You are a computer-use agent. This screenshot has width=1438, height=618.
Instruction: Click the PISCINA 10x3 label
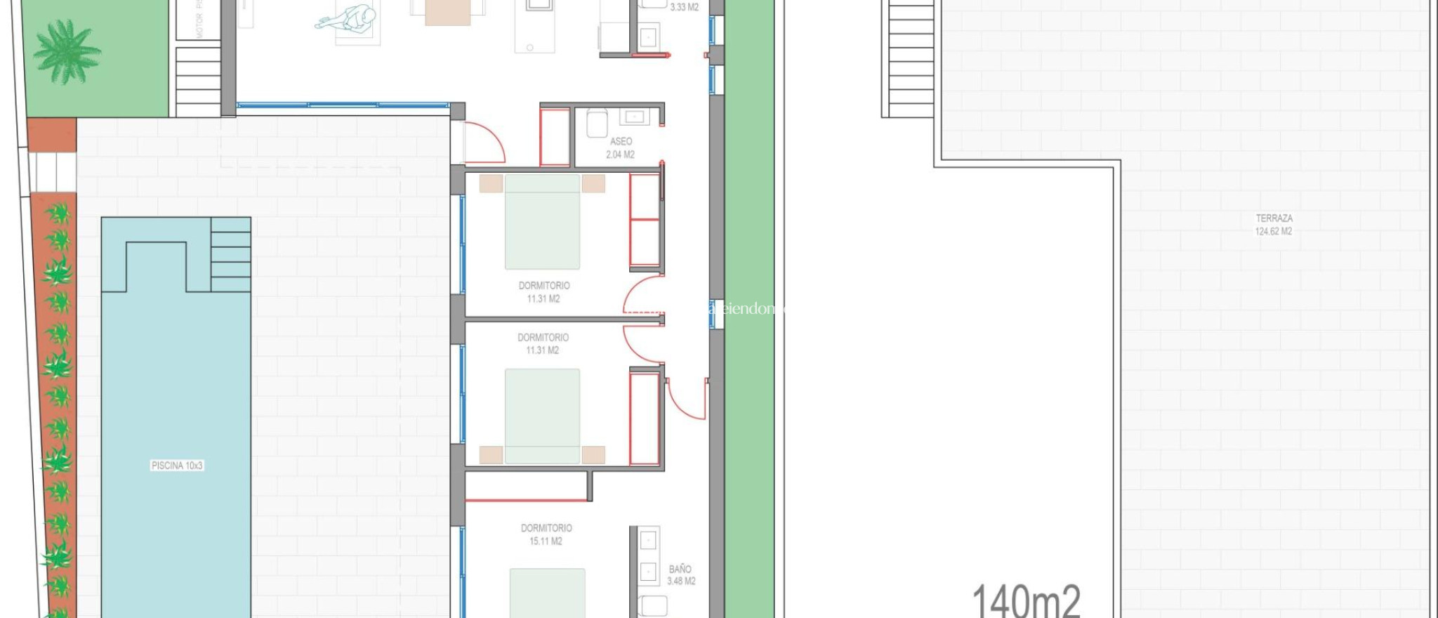pos(177,466)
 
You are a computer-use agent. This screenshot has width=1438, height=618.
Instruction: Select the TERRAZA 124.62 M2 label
pos(1274,225)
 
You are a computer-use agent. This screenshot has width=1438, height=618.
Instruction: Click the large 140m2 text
pos(1026,600)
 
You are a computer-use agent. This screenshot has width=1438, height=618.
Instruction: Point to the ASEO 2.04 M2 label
pos(621,147)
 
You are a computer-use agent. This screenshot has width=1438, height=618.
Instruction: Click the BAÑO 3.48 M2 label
pos(680,574)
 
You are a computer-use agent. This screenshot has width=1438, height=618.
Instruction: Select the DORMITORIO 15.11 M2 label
pos(546,534)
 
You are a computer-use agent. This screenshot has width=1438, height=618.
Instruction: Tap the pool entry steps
pos(230,254)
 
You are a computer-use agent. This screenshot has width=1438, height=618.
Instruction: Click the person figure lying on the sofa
pos(348,18)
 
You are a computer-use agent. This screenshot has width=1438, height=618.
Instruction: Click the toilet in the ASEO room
pos(597,124)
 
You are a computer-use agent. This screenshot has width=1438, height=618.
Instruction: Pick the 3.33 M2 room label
pos(684,8)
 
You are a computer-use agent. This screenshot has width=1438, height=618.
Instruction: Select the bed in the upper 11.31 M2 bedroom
pos(542,222)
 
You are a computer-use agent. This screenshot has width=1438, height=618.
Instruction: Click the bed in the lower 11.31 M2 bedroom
pos(542,416)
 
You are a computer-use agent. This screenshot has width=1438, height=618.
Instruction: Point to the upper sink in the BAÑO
pos(648,540)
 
